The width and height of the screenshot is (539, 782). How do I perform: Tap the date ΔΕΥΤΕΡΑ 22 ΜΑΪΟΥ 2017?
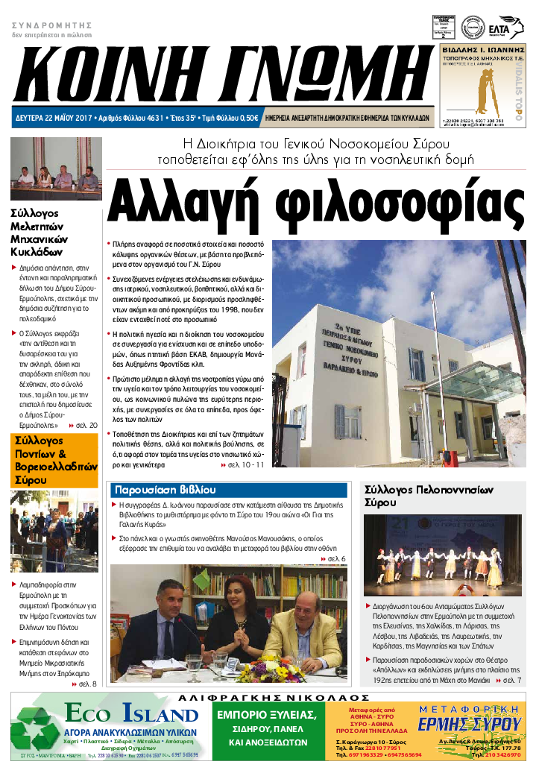[x=53, y=118]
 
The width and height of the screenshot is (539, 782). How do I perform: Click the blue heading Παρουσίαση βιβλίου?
[x=164, y=490]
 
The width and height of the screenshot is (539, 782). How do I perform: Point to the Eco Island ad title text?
[x=131, y=713]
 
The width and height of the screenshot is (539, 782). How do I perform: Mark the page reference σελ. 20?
[x=83, y=425]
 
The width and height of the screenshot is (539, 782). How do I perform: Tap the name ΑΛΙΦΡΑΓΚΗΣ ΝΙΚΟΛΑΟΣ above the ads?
[x=269, y=697]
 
